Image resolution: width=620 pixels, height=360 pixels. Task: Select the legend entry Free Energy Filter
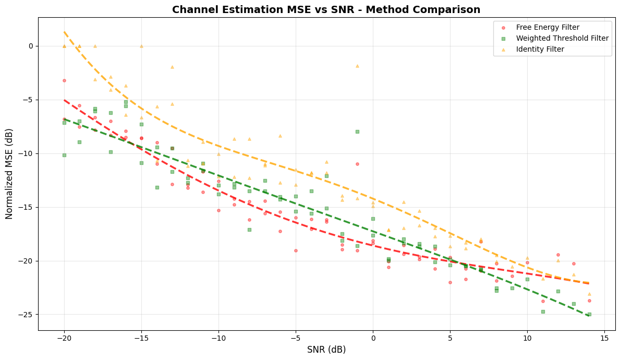click(x=548, y=28)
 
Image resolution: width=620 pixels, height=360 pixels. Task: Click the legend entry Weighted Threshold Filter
click(x=562, y=39)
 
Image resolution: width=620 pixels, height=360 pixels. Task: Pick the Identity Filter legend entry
click(x=540, y=50)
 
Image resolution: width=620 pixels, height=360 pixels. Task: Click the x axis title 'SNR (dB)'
click(x=326, y=350)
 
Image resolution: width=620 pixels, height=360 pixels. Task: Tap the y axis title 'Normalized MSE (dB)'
click(x=9, y=174)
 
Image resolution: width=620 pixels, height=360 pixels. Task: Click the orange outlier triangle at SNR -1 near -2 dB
click(x=357, y=66)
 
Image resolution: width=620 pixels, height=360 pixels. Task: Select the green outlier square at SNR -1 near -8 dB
click(x=357, y=131)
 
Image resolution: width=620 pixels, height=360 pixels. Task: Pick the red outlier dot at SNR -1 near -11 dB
click(x=357, y=164)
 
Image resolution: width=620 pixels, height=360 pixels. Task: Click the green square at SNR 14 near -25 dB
click(x=589, y=315)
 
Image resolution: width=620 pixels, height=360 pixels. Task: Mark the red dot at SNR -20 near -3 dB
click(x=64, y=80)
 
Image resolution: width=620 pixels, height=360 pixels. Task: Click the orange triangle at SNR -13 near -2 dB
click(x=172, y=67)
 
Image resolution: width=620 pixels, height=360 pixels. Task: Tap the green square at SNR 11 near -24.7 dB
click(x=543, y=311)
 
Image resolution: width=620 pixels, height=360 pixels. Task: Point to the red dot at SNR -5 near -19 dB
click(x=296, y=250)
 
